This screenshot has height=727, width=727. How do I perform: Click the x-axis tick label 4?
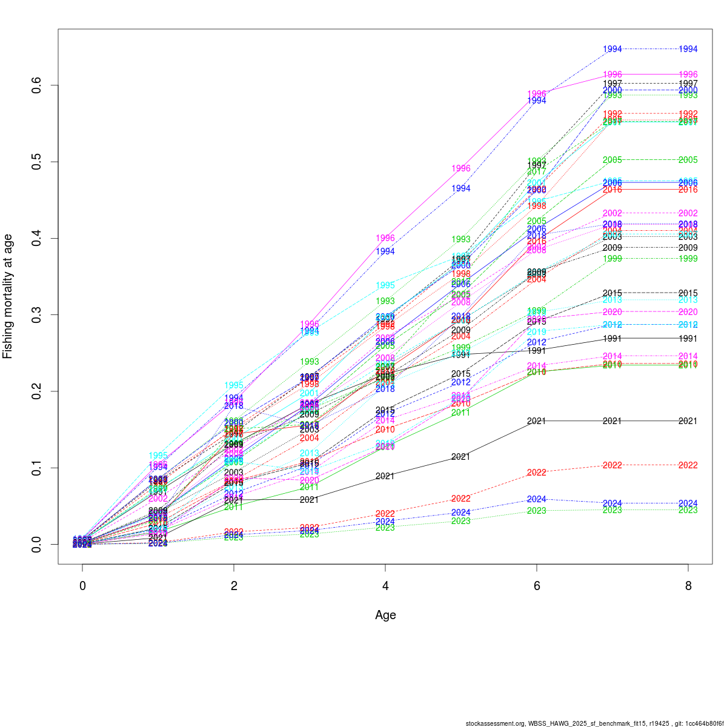pos(385,586)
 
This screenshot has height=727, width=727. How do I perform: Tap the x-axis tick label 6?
pos(537,586)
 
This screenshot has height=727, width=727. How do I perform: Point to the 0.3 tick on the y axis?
pos(37,315)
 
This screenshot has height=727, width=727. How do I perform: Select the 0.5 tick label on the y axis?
pos(37,162)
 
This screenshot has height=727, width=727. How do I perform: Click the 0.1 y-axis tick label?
pos(37,468)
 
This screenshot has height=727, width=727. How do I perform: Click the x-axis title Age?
pos(385,615)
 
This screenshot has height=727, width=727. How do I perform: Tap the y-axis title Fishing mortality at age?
pos(8,296)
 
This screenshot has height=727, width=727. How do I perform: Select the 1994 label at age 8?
pos(688,49)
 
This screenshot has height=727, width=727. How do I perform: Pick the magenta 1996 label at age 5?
pos(460,168)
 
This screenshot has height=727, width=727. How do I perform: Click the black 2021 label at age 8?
pos(688,421)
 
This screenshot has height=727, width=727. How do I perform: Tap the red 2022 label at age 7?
pos(612,465)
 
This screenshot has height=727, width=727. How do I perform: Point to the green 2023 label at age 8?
pos(688,510)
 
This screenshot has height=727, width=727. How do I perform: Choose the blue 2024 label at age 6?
pos(537,499)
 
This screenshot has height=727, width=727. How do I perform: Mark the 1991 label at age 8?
pos(688,339)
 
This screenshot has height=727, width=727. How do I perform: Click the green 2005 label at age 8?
pos(688,160)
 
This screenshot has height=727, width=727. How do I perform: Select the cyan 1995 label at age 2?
pos(234,385)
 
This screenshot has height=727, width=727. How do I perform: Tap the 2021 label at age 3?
pos(309,500)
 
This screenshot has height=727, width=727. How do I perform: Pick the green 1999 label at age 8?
pos(688,259)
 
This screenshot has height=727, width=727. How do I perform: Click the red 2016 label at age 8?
pos(688,190)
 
